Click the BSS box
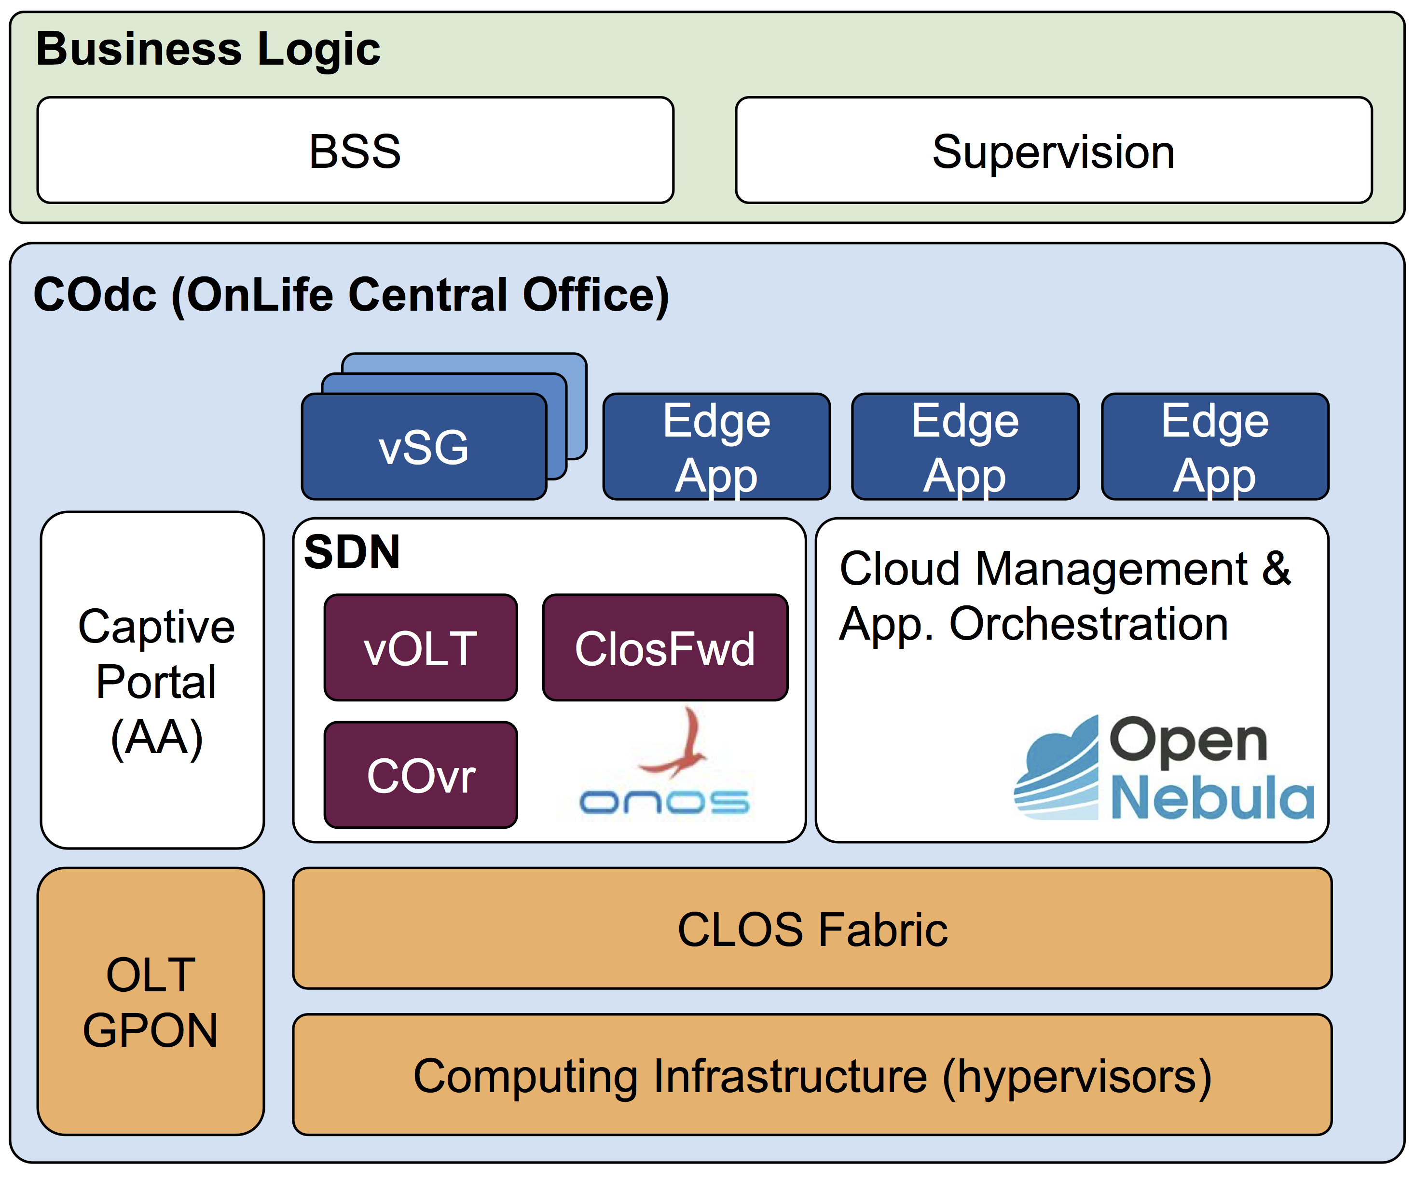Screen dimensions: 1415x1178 point(355,150)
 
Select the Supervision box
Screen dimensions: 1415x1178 point(1054,150)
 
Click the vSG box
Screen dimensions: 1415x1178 point(424,446)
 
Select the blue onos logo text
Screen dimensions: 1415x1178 point(664,802)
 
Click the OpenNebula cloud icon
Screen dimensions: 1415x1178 point(1056,768)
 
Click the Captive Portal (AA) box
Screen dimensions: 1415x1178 point(152,680)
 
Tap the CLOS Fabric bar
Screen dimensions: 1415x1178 point(812,929)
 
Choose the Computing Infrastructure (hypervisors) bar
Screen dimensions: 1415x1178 point(812,1075)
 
